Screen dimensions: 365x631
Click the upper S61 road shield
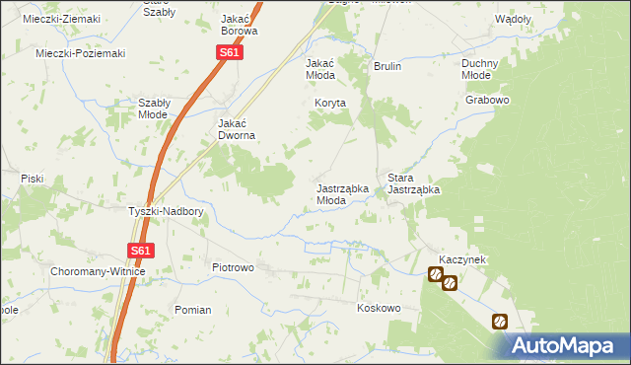[229, 52]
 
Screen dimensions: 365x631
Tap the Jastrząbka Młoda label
[343, 193]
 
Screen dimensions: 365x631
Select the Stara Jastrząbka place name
[413, 182]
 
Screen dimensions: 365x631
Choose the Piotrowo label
[234, 267]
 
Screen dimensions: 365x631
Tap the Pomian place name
[192, 310]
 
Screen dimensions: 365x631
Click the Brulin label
[387, 67]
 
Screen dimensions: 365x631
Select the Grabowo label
[488, 100]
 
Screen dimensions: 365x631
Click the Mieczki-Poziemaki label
[80, 53]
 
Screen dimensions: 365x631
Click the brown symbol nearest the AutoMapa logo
[500, 321]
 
